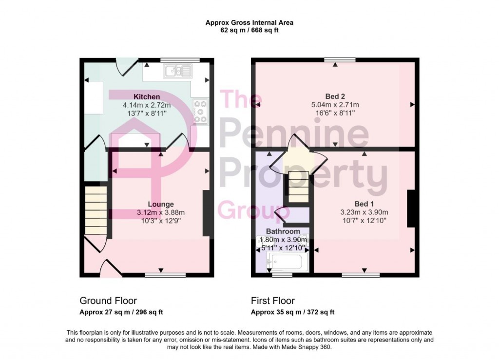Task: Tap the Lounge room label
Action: (161, 204)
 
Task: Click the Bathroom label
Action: (283, 231)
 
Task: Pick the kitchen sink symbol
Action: (179, 72)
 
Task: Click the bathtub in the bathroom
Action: (285, 263)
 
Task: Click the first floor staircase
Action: (297, 187)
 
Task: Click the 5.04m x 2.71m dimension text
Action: (335, 105)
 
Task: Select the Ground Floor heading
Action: (108, 301)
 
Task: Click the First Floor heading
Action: (273, 301)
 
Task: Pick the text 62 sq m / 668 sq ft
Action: (249, 30)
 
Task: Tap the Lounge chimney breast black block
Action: (206, 213)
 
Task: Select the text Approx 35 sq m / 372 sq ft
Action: (292, 312)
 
